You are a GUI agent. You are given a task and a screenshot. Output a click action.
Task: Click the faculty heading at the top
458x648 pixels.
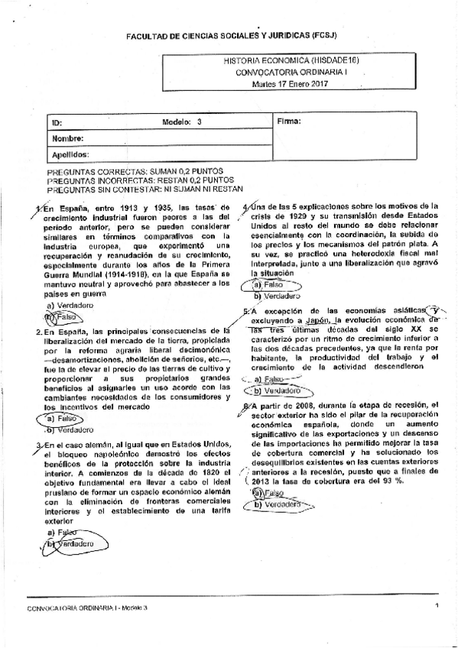[x=229, y=36]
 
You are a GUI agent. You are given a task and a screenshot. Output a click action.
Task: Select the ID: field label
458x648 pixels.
[x=57, y=122]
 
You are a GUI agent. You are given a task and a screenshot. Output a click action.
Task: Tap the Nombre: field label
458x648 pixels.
[x=67, y=138]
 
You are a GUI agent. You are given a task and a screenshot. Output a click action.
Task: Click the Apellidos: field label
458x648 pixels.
[x=70, y=154]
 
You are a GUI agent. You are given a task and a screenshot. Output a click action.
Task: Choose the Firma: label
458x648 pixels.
[x=288, y=122]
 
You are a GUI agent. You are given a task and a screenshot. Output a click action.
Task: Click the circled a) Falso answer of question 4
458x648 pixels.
[x=268, y=285]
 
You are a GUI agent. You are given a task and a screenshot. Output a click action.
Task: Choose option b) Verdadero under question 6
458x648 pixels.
[x=277, y=504]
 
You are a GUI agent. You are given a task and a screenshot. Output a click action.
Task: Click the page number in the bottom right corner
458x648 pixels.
[x=436, y=605]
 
